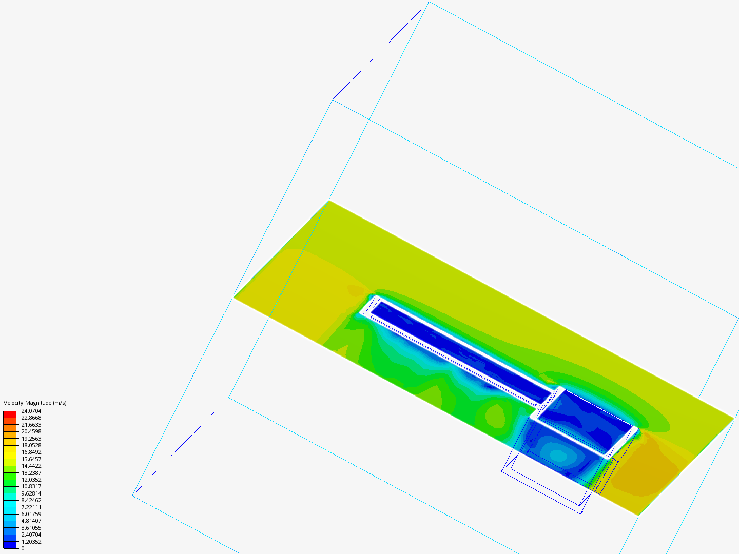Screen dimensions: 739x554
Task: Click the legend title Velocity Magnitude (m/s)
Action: point(35,403)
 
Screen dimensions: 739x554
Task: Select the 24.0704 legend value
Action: point(31,411)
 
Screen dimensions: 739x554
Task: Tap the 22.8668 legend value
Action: point(31,418)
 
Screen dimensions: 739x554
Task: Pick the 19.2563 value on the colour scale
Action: point(31,439)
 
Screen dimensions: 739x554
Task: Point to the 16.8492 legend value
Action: point(31,452)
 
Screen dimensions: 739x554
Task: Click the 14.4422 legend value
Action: point(31,466)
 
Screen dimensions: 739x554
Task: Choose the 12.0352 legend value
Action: point(31,480)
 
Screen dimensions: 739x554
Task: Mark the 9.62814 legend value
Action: point(31,493)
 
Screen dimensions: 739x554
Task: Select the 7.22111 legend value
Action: point(31,507)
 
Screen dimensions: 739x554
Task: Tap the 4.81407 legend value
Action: point(31,521)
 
